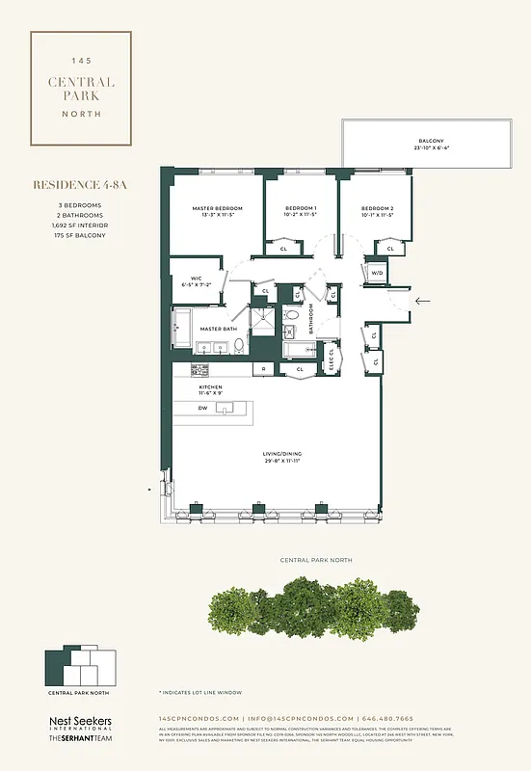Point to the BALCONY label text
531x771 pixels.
432,143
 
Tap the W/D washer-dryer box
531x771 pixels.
377,273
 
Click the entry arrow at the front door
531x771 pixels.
420,301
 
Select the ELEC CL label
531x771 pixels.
332,357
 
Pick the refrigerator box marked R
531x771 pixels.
264,369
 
